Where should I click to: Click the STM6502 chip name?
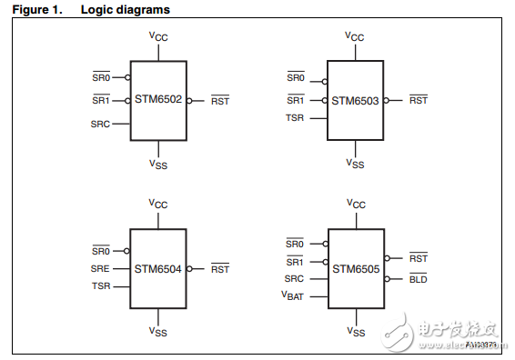[158, 100]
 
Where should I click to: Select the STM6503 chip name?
[355, 100]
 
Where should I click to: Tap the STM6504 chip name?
[158, 268]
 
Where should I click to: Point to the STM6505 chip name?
[355, 268]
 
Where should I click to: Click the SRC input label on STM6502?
[100, 124]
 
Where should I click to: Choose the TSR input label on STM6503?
[296, 118]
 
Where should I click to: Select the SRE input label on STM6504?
[100, 268]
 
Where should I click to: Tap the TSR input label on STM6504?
[100, 285]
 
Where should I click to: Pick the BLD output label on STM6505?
[418, 279]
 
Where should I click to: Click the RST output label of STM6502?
[220, 101]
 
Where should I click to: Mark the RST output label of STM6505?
[418, 258]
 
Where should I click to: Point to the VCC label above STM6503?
[355, 37]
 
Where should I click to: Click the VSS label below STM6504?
[158, 333]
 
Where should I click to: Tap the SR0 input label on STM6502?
[100, 78]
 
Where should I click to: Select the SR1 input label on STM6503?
[296, 100]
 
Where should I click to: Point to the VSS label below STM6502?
[158, 164]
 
